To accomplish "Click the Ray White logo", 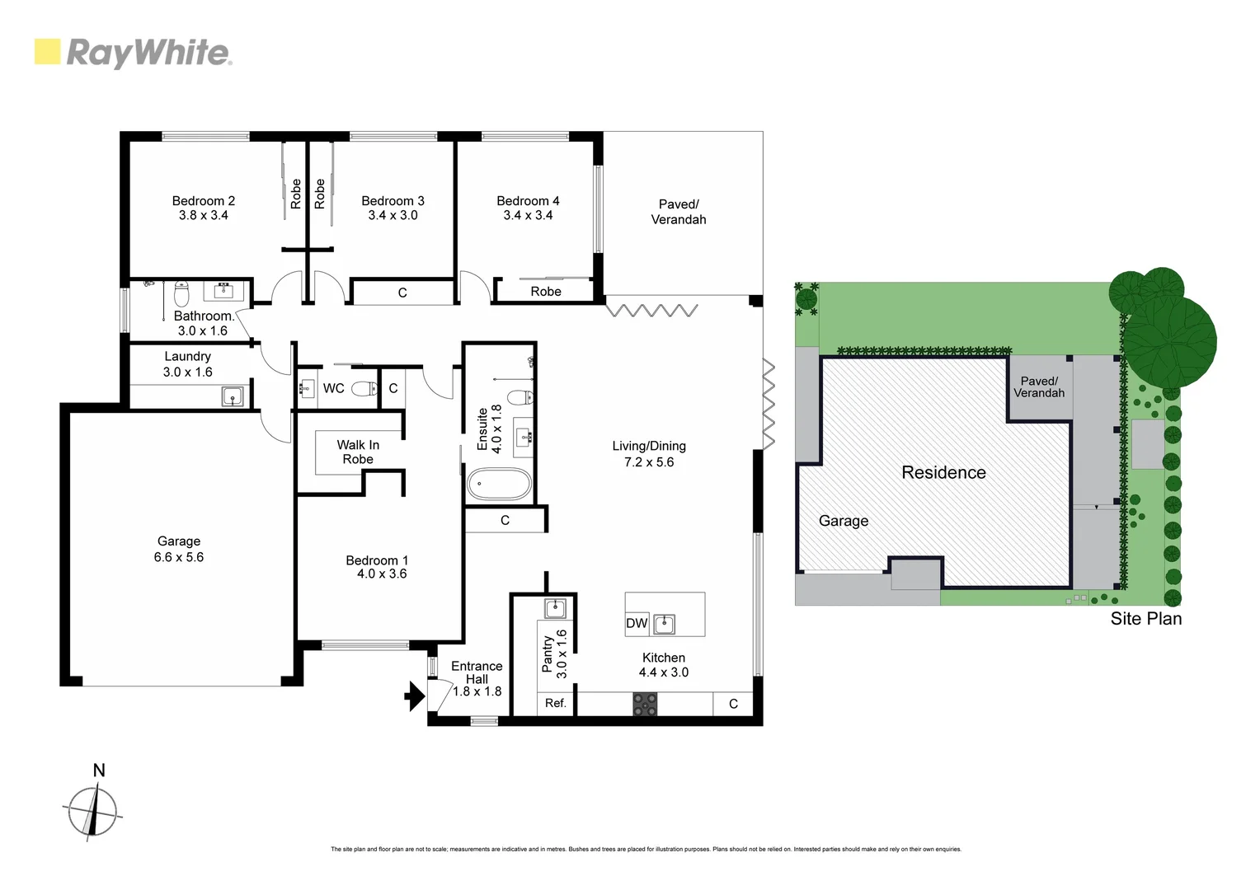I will pos(133,53).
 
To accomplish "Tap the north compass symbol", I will pos(92,811).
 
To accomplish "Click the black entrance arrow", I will pos(414,696).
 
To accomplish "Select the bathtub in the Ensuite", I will pos(499,485).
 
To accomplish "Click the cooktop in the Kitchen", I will pos(645,704).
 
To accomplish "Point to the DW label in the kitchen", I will pos(637,623).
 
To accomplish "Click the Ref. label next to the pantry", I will pos(555,703).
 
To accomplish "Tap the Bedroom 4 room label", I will pos(528,201).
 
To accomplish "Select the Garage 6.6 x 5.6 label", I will pos(179,549).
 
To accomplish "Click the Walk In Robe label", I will pos(358,452).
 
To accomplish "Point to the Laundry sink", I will pos(233,397).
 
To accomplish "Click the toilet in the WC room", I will pos(364,388).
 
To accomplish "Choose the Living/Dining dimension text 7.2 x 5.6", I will pos(649,462).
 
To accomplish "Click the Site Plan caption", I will pos(1145,619).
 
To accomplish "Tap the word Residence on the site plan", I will pos(943,472).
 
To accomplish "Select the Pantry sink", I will pos(555,609).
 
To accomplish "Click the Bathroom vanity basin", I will pos(223,290).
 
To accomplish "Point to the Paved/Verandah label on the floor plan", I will pos(679,212).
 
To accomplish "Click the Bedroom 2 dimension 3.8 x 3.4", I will pos(203,215).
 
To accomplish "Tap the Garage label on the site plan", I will pos(843,521).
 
